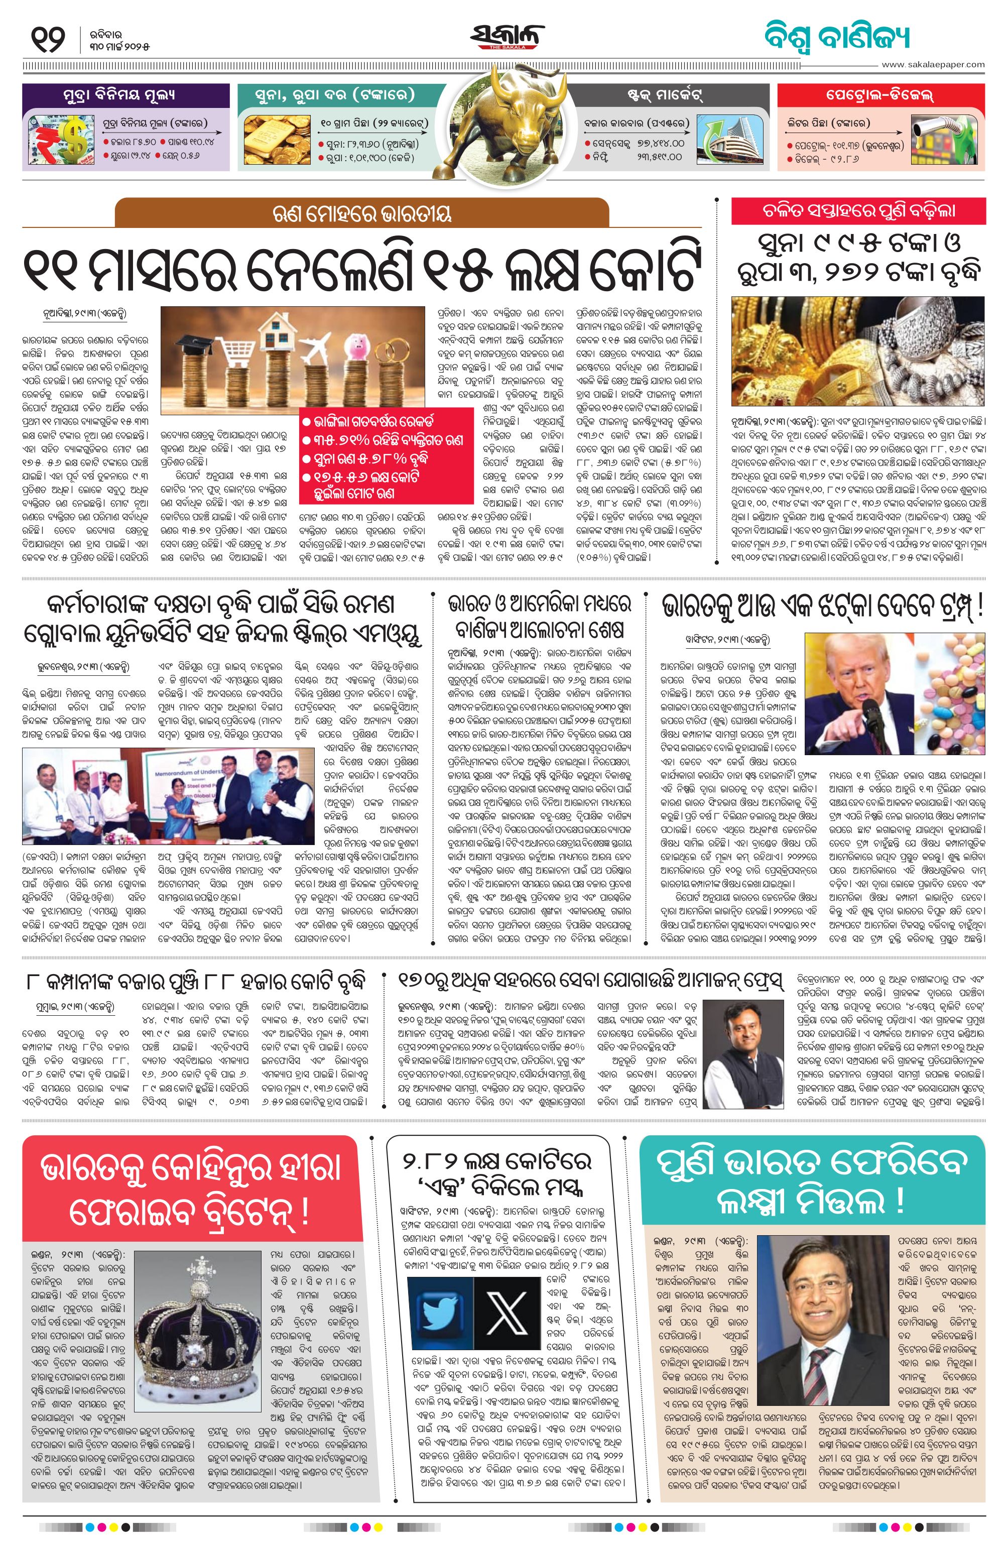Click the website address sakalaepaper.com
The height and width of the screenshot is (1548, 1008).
(x=933, y=64)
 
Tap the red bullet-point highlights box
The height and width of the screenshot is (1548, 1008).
(x=387, y=455)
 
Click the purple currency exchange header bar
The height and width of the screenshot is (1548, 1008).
(x=125, y=95)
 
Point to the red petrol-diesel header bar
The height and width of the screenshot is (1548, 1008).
(x=880, y=95)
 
